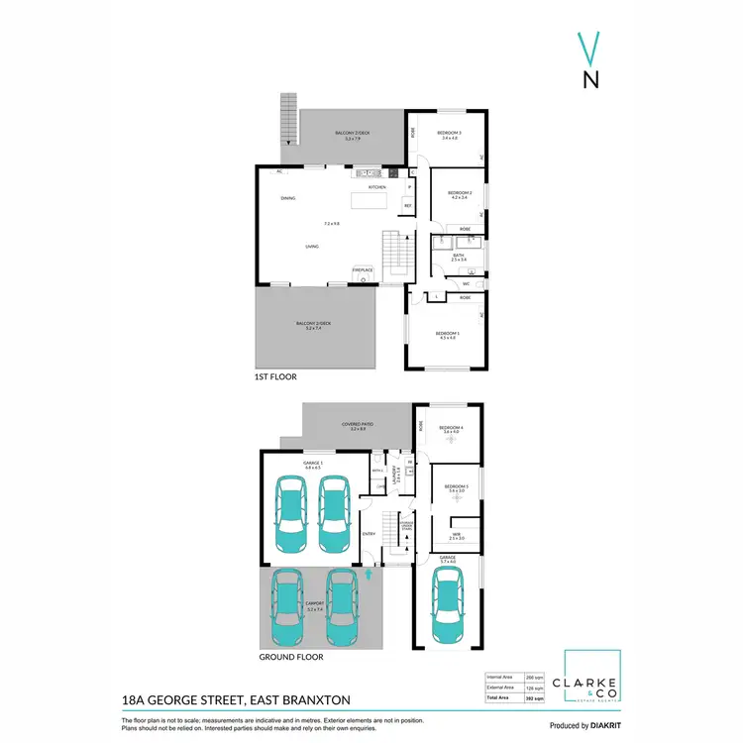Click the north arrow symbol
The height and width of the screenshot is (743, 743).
click(x=589, y=62)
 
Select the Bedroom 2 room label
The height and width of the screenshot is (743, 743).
click(x=459, y=192)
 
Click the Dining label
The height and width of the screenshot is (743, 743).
click(x=287, y=199)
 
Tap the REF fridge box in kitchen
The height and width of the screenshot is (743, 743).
click(x=406, y=206)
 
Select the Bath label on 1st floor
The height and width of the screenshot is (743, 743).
click(x=459, y=256)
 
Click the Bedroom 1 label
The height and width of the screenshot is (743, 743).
click(x=446, y=334)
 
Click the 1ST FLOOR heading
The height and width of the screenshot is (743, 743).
click(x=275, y=377)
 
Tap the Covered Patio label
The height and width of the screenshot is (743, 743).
click(x=354, y=425)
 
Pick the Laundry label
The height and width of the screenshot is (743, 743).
click(x=397, y=473)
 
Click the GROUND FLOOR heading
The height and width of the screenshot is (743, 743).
click(x=290, y=656)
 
